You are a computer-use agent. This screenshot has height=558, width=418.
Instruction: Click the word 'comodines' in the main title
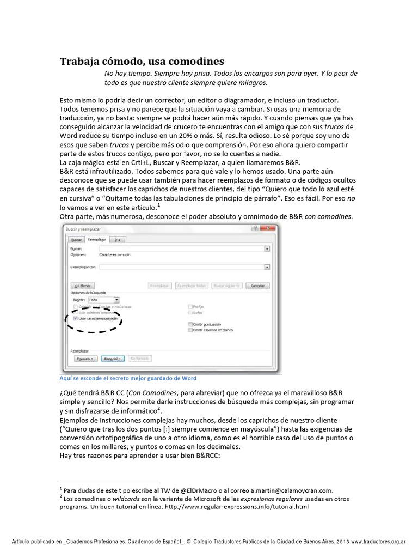pos(194,62)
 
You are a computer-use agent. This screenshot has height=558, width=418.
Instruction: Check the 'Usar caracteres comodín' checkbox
pos(76,318)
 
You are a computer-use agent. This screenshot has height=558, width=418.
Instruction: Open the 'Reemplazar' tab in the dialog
pos(97,239)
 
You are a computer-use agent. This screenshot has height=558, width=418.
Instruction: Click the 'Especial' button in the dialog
pos(113,359)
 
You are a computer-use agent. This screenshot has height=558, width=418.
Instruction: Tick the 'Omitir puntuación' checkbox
pos(189,324)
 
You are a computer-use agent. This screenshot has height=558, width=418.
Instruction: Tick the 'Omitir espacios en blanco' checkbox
pos(189,330)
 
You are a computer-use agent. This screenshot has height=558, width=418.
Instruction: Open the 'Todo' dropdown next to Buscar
pos(116,300)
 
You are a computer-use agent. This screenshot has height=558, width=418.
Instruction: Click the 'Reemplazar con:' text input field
pos(182,267)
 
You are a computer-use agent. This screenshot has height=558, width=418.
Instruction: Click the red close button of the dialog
pos(266,229)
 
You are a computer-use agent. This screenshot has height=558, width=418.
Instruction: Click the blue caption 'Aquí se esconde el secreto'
pos(128,378)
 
